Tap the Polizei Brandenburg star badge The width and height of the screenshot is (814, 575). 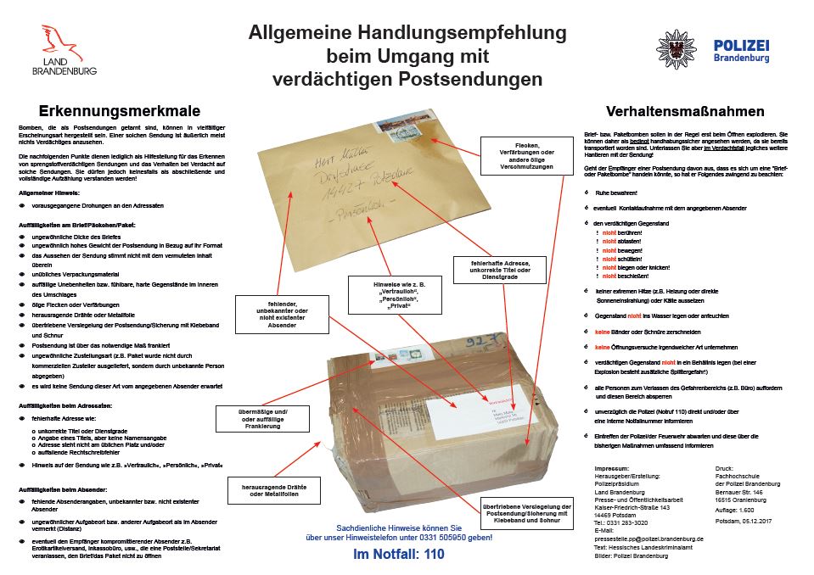click(x=676, y=48)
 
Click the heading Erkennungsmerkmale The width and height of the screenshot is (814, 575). click(x=120, y=110)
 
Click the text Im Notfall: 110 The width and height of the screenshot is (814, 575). click(x=397, y=554)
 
